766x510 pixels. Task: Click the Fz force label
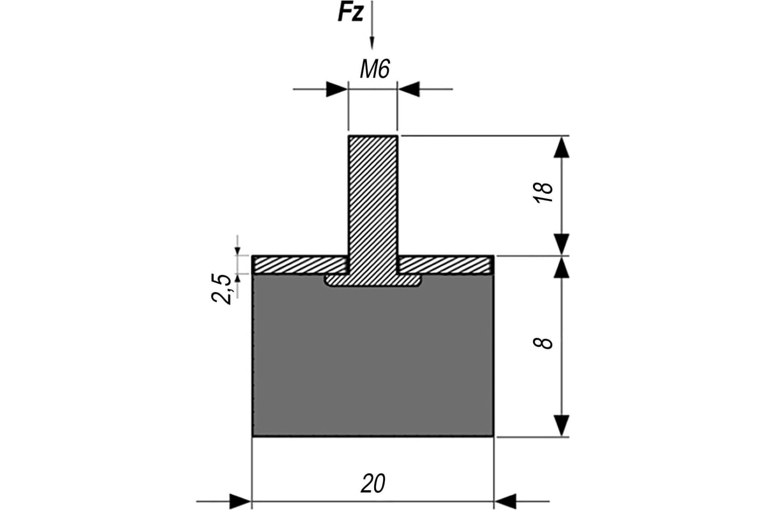click(350, 13)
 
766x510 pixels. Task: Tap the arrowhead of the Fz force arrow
click(372, 44)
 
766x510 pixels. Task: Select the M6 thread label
click(375, 69)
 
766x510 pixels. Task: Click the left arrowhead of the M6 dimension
click(337, 89)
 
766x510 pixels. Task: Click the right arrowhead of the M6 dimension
click(409, 89)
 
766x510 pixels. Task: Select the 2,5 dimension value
click(222, 289)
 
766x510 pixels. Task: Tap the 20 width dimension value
click(373, 483)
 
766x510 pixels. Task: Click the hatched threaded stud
click(373, 205)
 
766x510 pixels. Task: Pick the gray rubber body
click(373, 359)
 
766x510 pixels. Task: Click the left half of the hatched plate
click(300, 265)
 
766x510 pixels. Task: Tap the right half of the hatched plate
click(446, 265)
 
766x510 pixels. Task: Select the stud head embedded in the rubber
click(373, 280)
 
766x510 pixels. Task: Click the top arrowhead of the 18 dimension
click(562, 147)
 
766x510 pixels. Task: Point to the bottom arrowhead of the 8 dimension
click(562, 426)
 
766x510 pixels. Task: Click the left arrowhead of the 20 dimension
click(241, 502)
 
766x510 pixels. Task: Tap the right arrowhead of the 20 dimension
click(506, 502)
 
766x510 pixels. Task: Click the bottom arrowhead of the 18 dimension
click(562, 245)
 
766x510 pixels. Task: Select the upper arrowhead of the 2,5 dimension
click(237, 251)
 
